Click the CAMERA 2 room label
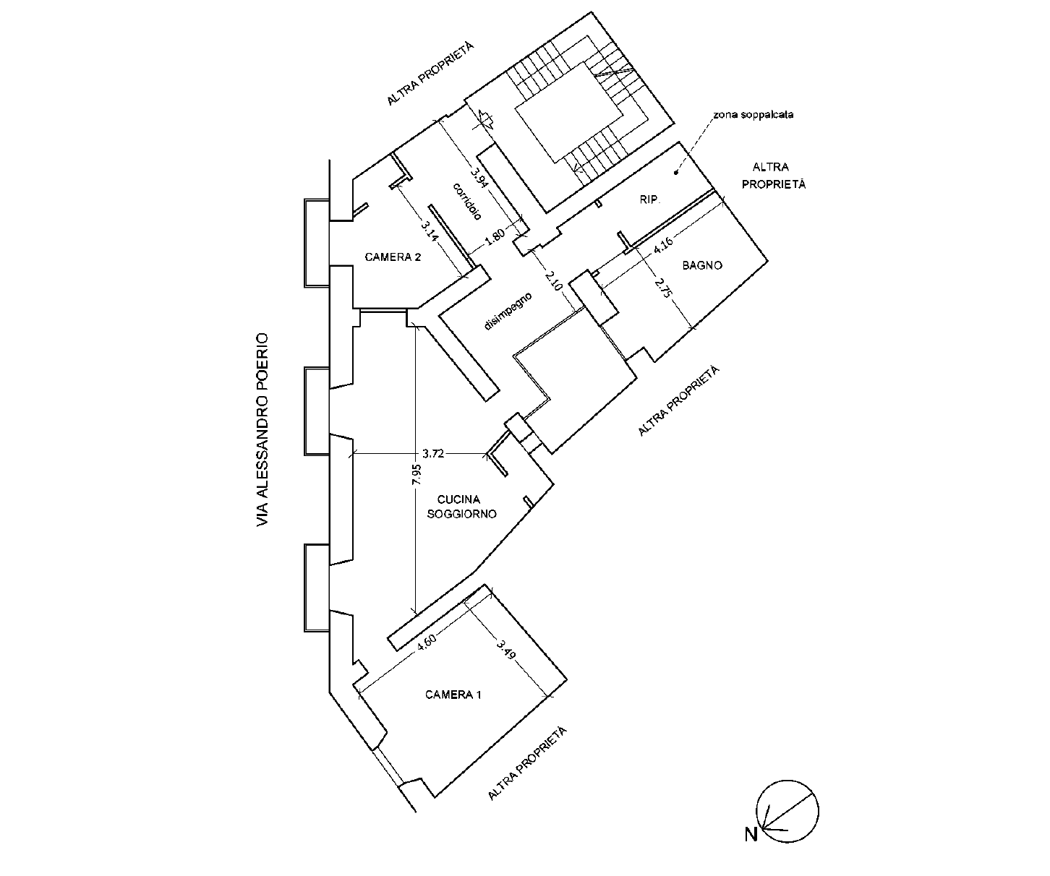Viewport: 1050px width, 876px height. (392, 257)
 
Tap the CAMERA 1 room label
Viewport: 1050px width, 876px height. (453, 695)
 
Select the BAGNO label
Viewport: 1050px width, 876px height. (702, 265)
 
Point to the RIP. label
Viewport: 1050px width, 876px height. (649, 199)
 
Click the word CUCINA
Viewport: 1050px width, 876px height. (458, 499)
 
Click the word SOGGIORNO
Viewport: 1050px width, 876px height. (461, 514)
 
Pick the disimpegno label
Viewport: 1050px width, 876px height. (508, 311)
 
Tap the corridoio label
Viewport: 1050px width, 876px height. (467, 201)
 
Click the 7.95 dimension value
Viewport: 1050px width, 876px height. (417, 474)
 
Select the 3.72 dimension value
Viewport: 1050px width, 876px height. (433, 454)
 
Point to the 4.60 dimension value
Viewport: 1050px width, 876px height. (427, 643)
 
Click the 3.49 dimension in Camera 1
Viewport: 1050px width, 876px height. (505, 649)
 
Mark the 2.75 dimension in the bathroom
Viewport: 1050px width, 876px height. (663, 288)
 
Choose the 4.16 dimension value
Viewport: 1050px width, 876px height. (663, 246)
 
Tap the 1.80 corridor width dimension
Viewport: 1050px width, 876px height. (495, 237)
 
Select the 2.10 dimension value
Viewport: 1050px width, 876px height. (553, 280)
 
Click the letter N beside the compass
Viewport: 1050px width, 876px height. (751, 835)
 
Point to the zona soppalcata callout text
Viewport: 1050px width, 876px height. (754, 115)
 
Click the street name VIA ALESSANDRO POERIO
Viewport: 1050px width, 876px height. (262, 430)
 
